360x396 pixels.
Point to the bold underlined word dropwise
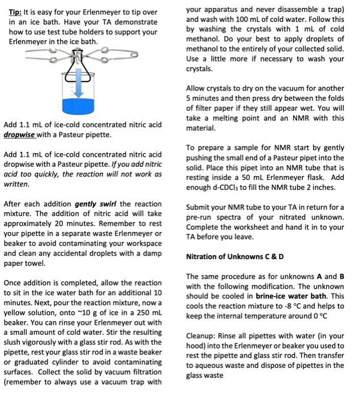coord(20,135)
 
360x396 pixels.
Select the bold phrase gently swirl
coord(96,204)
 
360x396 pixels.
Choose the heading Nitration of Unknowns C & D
coord(235,256)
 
